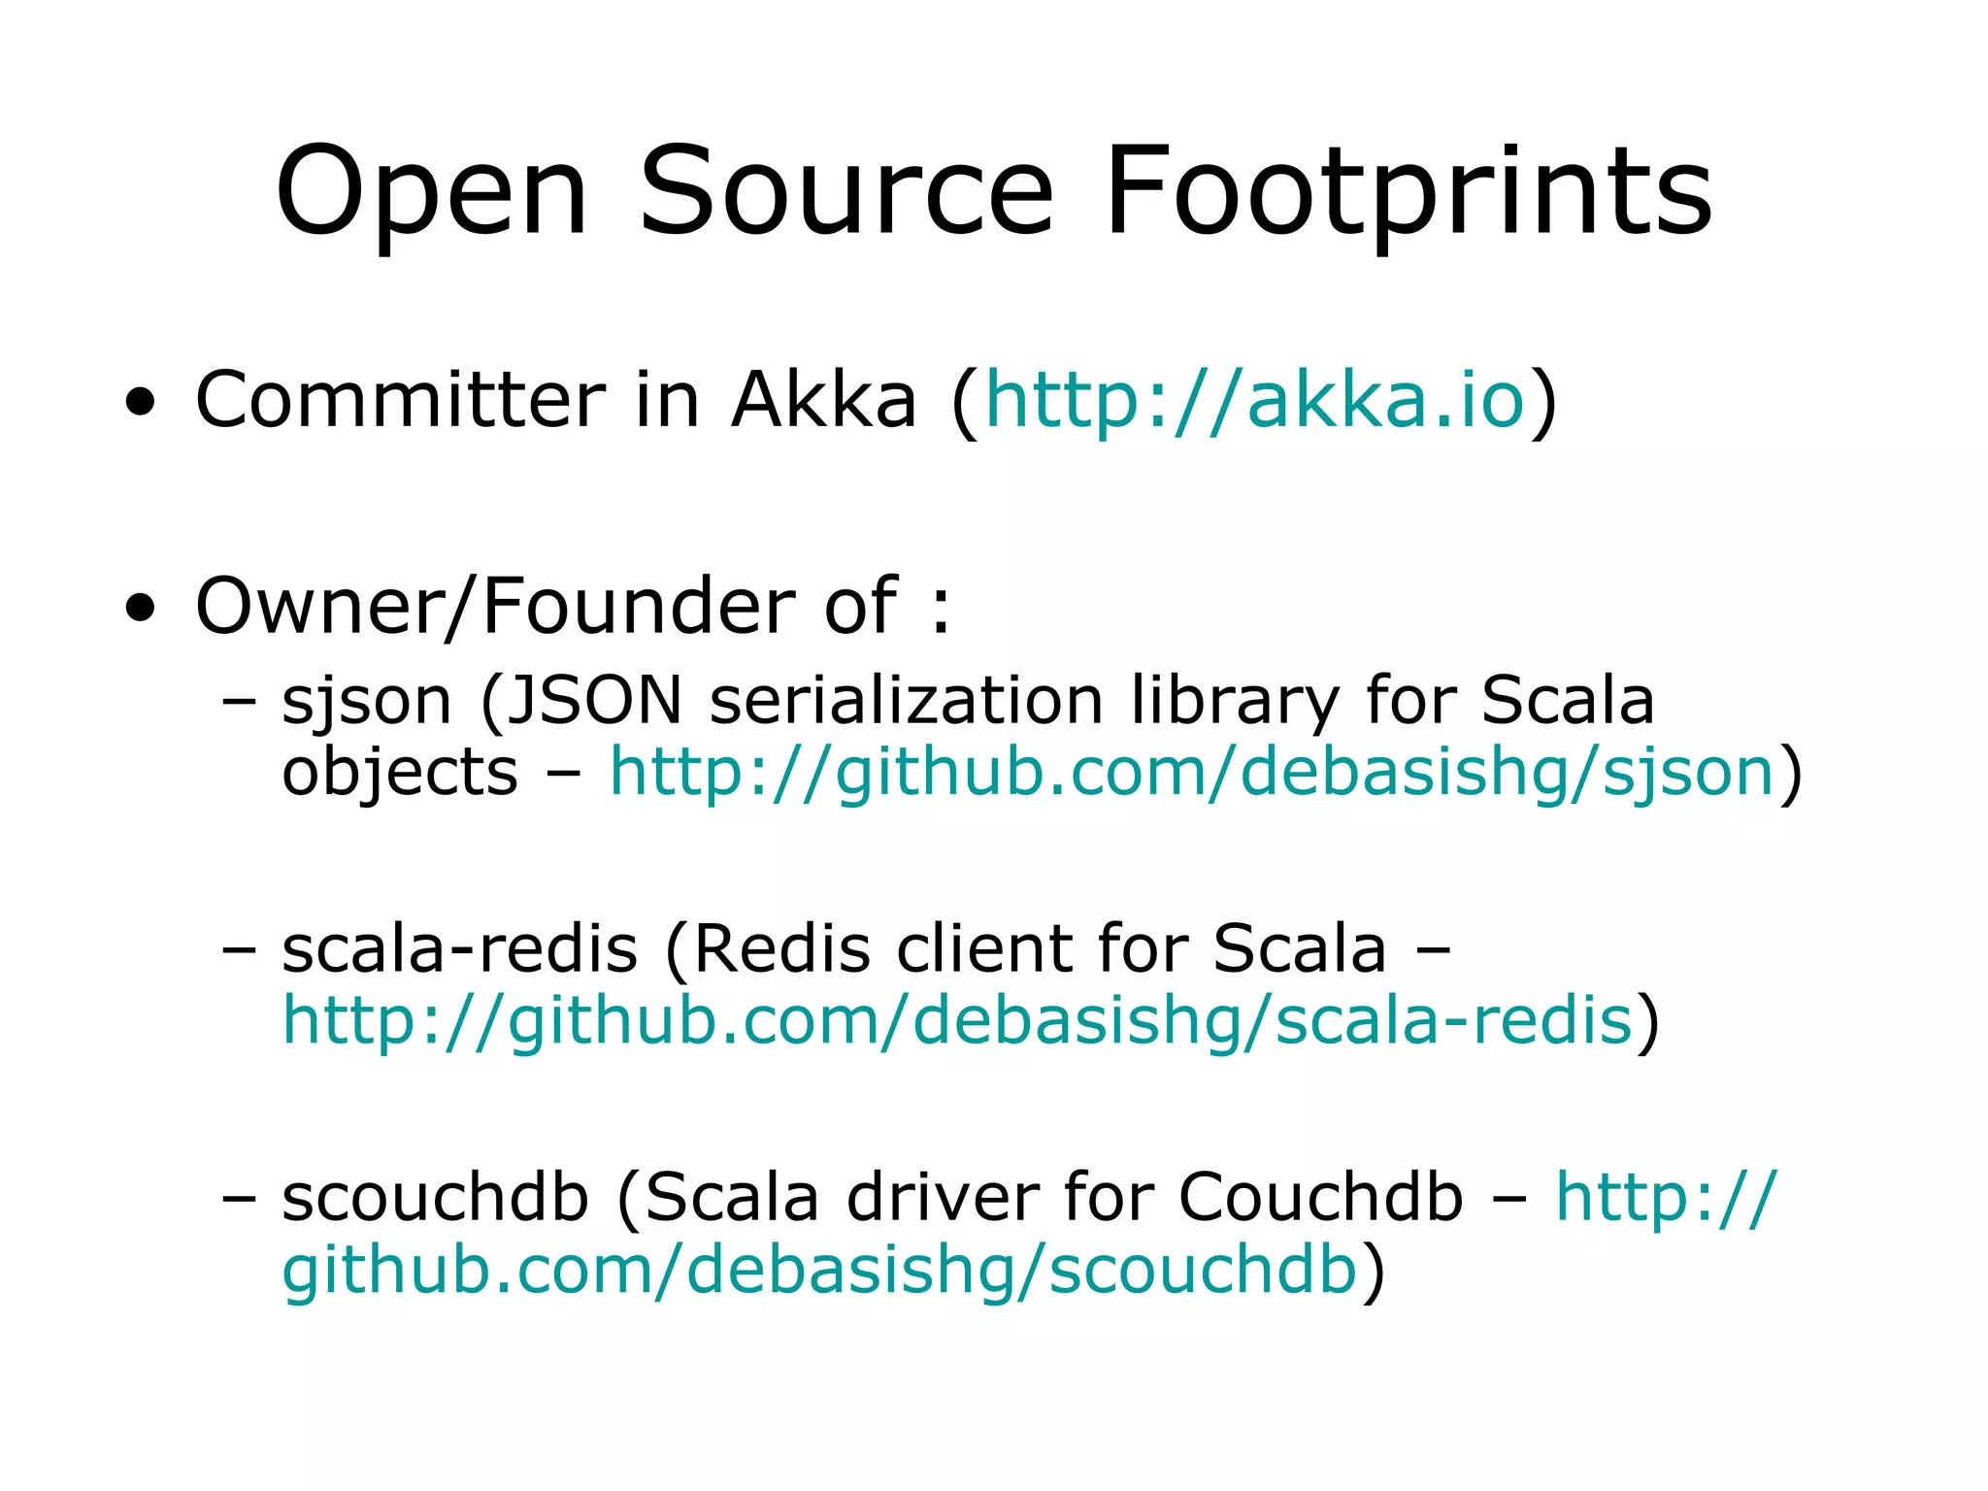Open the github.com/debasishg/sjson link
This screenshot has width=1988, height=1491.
pyautogui.click(x=1192, y=773)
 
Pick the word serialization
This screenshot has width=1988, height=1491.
pyautogui.click(x=907, y=701)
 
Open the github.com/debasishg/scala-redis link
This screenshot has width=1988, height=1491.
pyautogui.click(x=957, y=1021)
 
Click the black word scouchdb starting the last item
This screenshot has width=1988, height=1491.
pyautogui.click(x=436, y=1197)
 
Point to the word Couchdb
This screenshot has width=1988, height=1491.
pyautogui.click(x=1320, y=1197)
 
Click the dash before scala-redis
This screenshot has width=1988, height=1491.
pyautogui.click(x=239, y=949)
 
